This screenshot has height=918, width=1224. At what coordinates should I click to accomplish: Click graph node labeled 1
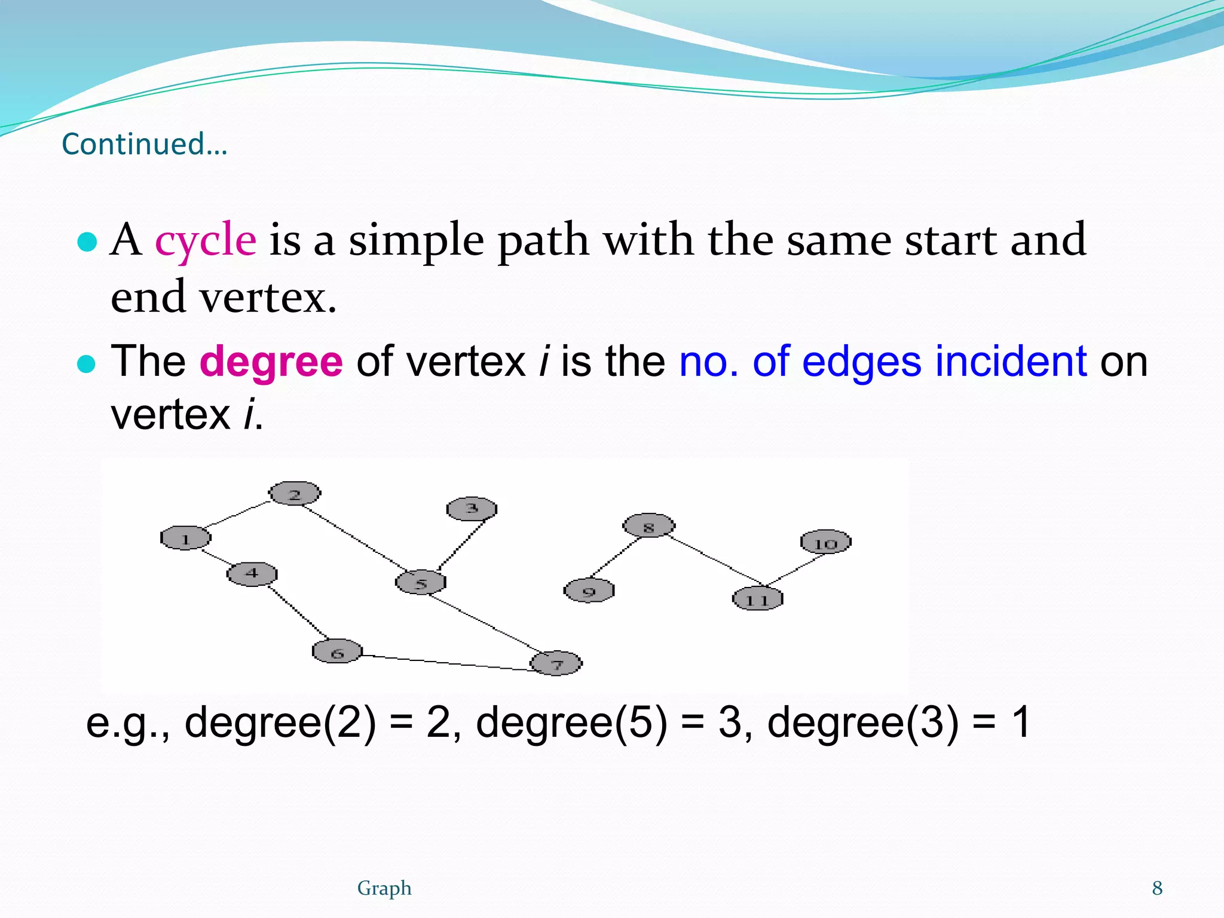[186, 538]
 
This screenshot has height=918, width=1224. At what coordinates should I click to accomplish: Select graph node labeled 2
[295, 494]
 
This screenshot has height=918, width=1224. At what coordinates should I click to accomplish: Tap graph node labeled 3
[472, 509]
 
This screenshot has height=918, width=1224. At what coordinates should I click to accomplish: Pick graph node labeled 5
[421, 582]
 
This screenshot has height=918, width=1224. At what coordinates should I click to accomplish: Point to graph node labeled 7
[556, 663]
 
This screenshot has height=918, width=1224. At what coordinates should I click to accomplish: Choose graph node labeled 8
[648, 526]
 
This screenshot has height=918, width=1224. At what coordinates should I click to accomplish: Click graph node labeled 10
[825, 543]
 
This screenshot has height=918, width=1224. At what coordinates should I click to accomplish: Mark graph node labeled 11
[757, 599]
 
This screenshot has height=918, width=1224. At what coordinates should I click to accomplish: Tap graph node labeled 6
[337, 651]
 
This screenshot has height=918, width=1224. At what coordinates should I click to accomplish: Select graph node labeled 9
[589, 591]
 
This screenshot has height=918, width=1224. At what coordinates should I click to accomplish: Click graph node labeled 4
[252, 574]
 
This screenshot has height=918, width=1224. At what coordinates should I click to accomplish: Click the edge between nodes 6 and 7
[447, 662]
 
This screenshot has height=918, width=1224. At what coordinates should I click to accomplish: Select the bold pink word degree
[271, 362]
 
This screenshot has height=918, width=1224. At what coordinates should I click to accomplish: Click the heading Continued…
[145, 145]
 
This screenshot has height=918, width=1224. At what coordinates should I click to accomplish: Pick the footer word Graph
[384, 888]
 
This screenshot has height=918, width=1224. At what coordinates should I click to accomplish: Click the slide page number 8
[1157, 888]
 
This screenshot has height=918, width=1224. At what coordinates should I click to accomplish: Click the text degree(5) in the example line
[571, 723]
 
